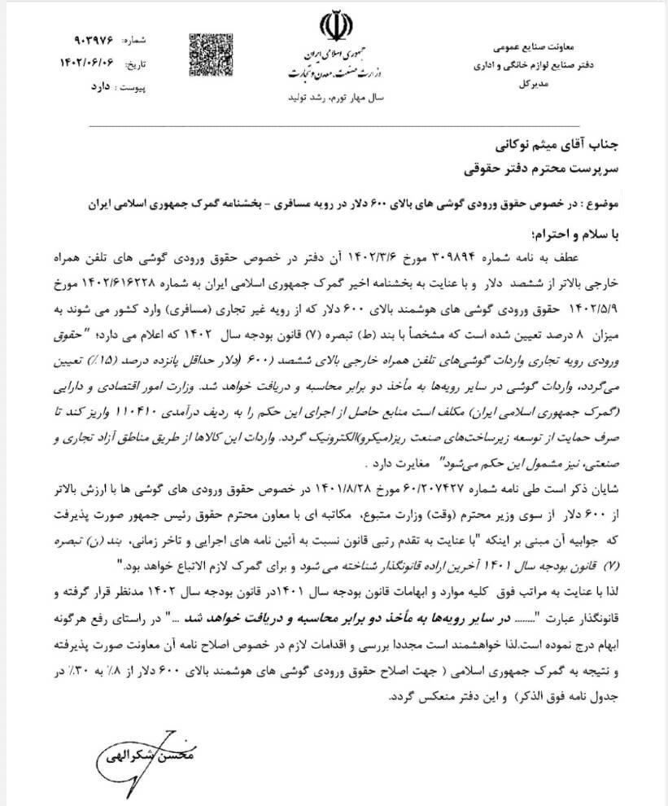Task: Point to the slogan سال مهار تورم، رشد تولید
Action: click(x=334, y=97)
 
